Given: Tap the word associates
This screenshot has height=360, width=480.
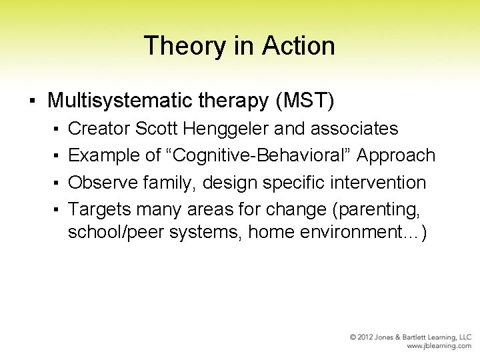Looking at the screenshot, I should [355, 128].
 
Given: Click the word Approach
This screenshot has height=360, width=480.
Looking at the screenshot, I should [397, 155].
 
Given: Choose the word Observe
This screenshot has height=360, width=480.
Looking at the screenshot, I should [100, 182].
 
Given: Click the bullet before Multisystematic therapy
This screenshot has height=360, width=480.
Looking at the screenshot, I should [32, 101].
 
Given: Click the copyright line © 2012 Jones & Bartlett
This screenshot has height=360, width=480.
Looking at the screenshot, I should [411, 337].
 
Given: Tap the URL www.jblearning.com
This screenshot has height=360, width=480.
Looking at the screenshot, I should [439, 347].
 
